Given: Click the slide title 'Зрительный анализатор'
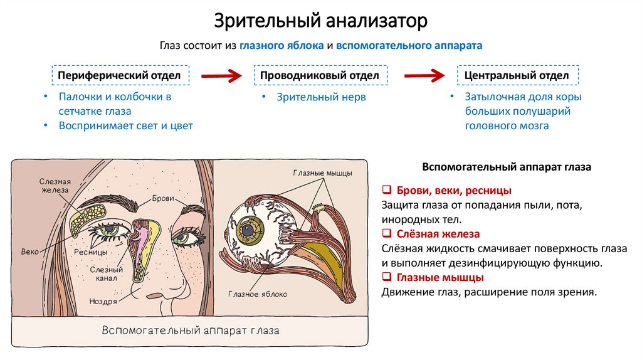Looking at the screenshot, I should click(x=321, y=20).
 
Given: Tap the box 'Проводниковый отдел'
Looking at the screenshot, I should click(x=319, y=75).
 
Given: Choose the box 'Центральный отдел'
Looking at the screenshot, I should click(x=517, y=75).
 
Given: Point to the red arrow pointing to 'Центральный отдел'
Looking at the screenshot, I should click(x=424, y=76).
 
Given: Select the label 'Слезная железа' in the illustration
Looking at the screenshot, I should click(x=54, y=187).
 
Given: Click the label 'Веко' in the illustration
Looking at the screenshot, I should click(x=29, y=251).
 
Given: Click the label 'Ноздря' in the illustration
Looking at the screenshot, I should click(x=103, y=301).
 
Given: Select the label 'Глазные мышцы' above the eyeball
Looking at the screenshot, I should click(x=322, y=173).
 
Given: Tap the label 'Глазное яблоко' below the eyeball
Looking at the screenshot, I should click(x=258, y=294).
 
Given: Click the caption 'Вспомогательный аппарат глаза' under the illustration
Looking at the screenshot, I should click(x=191, y=330).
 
